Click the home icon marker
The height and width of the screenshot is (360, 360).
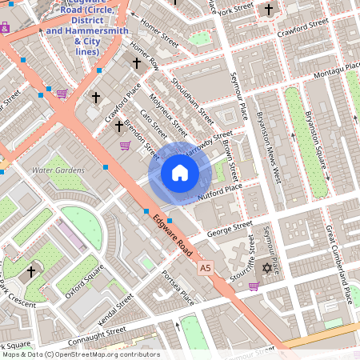[180, 173]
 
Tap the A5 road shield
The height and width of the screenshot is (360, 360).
[206, 266]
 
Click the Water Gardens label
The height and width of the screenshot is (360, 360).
[58, 170]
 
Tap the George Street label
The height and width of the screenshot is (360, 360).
[230, 229]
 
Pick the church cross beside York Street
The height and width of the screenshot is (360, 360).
[269, 10]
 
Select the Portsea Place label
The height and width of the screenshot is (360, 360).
[178, 286]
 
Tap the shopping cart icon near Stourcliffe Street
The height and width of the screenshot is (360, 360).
[254, 286]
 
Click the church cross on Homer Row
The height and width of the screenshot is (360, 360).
[136, 62]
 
